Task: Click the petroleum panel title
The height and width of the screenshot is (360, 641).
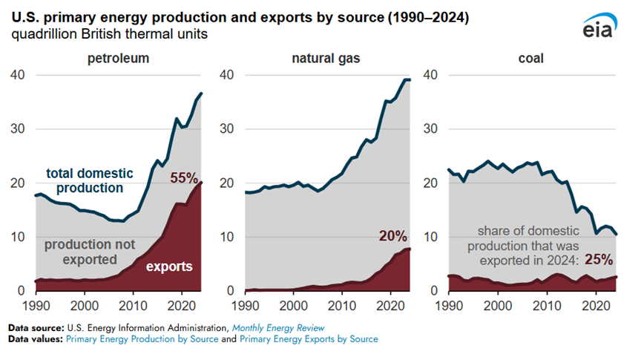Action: [117, 57]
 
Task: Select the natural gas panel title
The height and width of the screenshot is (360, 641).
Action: [322, 57]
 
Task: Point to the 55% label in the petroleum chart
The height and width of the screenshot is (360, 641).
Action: [184, 178]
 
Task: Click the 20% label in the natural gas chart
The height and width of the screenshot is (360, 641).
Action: [392, 236]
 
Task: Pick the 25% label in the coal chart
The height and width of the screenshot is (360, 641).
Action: [597, 260]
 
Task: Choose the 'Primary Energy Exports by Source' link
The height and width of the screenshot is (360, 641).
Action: [312, 338]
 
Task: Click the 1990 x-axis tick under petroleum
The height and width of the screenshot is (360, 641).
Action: [36, 306]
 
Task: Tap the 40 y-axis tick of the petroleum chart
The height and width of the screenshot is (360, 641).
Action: [18, 75]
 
